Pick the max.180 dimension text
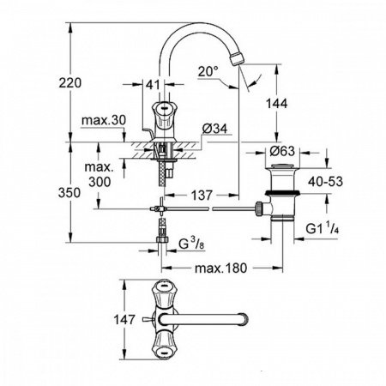coord(221,268)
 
